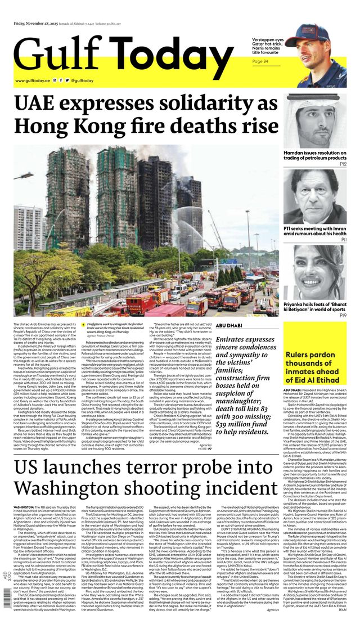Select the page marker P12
[343, 164]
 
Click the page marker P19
[343, 316]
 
